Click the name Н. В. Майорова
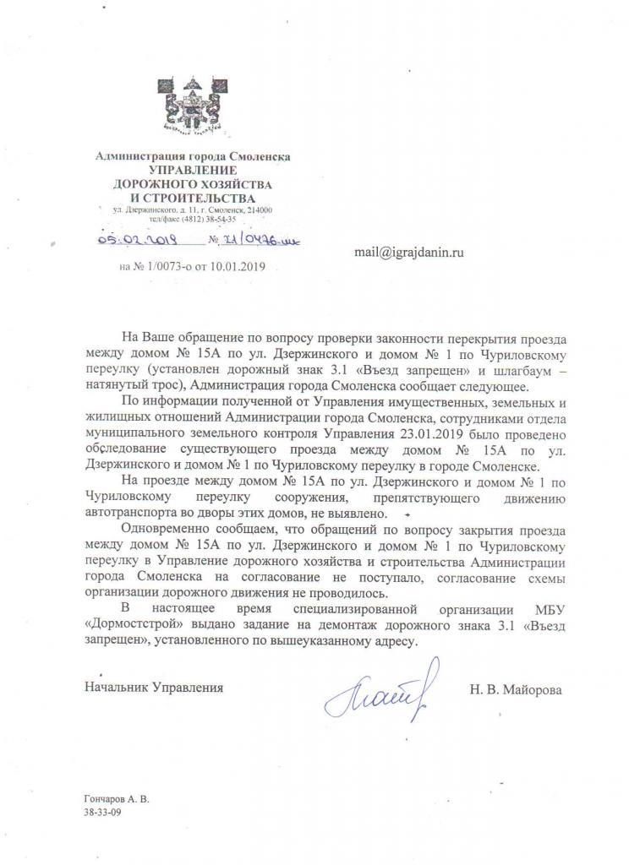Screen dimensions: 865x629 click(x=517, y=688)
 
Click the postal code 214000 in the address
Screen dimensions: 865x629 click(x=257, y=209)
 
